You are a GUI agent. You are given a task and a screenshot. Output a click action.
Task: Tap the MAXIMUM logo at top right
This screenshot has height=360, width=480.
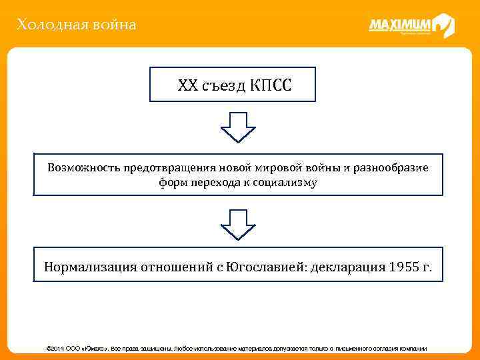[x=411, y=26]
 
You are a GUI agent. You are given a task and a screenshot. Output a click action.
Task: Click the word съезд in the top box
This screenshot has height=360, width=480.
[x=225, y=85]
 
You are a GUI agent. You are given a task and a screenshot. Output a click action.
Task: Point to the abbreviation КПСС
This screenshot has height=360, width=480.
[x=271, y=85]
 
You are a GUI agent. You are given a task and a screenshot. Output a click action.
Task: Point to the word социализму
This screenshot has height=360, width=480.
[x=288, y=182]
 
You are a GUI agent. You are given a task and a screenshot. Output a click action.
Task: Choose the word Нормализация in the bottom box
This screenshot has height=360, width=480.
[x=90, y=267]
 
